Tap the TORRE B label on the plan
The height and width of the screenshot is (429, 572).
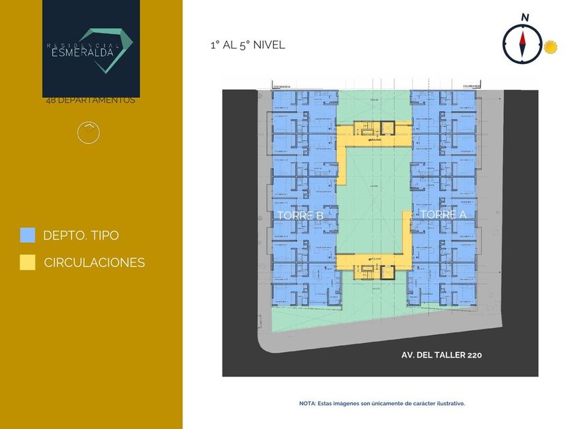[x=300, y=215]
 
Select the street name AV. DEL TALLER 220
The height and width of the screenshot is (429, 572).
[x=442, y=355]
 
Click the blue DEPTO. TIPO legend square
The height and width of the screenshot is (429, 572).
[x=27, y=235]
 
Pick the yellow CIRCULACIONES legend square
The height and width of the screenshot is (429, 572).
[x=27, y=262]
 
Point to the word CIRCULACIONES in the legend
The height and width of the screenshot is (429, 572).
[x=94, y=262]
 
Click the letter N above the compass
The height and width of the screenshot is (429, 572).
[x=524, y=17]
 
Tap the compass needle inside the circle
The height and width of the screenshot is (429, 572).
[x=523, y=44]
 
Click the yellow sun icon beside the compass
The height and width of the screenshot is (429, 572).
[x=550, y=48]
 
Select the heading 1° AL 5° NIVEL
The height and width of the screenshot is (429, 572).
[x=247, y=45]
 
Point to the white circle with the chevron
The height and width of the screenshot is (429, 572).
[x=89, y=132]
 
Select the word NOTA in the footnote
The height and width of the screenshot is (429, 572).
[x=307, y=403]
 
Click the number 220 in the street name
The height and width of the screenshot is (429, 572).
[x=475, y=355]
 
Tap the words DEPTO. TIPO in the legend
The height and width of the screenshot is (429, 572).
[x=80, y=236]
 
